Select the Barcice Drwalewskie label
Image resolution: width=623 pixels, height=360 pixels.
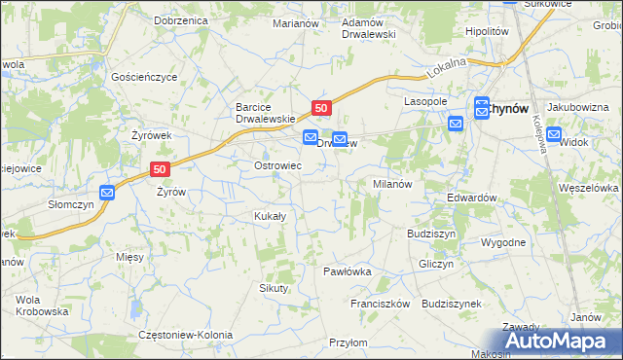tap(265, 113)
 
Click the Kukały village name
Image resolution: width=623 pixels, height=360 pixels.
tap(270, 216)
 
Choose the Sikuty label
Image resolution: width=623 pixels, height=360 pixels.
tap(274, 288)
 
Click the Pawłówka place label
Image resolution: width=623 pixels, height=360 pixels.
tap(348, 271)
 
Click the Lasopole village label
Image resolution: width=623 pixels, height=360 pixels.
tap(425, 101)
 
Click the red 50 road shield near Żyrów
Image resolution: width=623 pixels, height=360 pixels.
tap(162, 168)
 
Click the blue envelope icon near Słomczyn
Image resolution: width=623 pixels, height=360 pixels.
tap(107, 193)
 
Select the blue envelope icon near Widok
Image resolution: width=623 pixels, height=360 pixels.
tap(554, 135)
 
